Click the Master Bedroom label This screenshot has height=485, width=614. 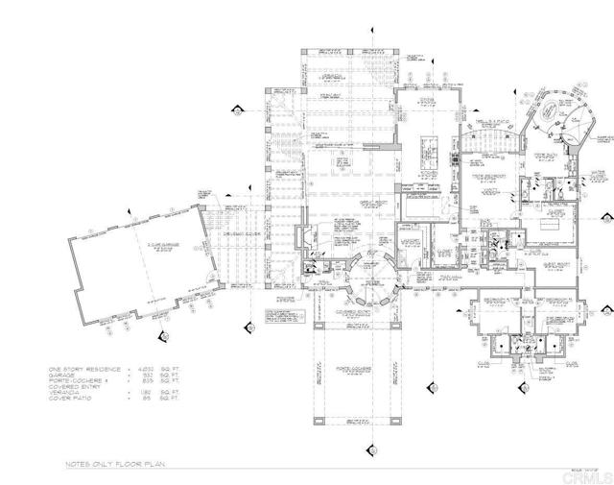tap(484, 176)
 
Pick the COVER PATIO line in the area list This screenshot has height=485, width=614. tap(72, 400)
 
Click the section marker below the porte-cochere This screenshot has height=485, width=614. tap(366, 451)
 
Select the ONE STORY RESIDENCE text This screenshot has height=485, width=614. tap(84, 368)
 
